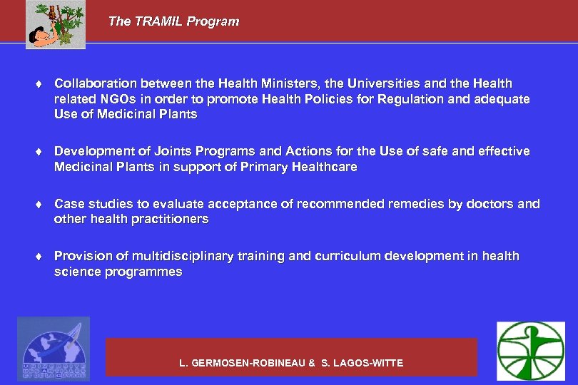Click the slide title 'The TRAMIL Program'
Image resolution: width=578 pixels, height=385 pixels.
[x=173, y=21]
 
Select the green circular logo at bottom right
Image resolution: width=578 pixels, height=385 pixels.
[x=530, y=350]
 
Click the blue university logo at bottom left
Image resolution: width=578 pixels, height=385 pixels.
[x=54, y=349]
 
